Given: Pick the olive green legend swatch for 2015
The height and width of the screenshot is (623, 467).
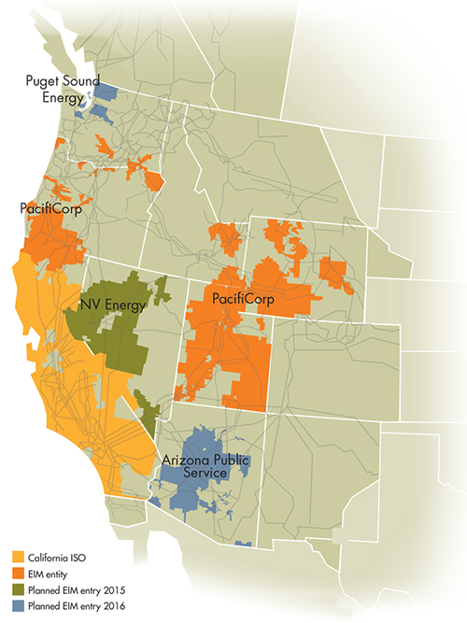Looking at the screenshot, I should [x=13, y=593].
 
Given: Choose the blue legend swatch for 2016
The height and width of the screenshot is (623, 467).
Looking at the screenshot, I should [x=13, y=608].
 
